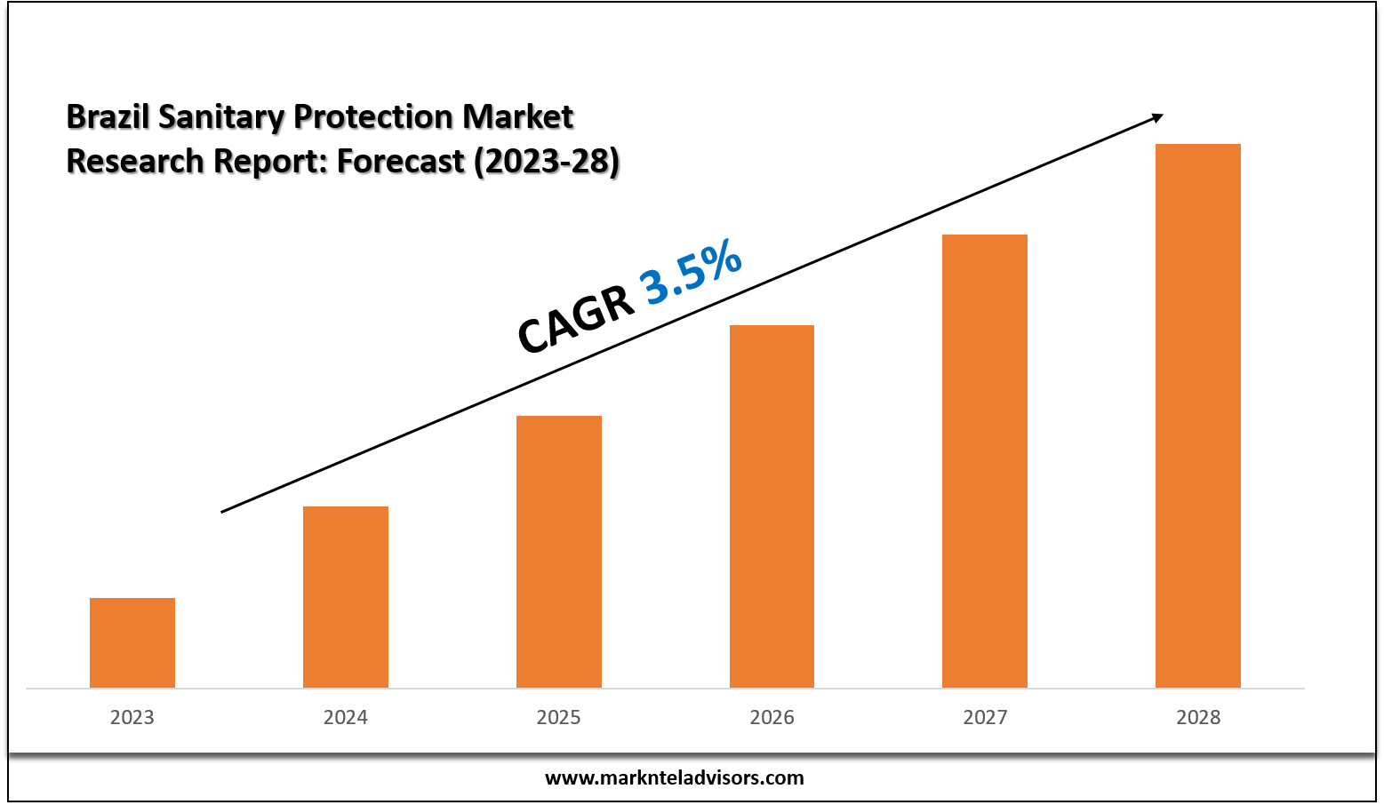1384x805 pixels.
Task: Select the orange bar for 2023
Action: [x=132, y=642]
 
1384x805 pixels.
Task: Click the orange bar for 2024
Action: [x=346, y=597]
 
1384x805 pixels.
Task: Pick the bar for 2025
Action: [x=559, y=552]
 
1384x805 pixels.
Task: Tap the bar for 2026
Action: [x=772, y=506]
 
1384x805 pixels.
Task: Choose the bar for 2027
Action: [x=985, y=461]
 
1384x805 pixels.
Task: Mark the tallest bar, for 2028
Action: [x=1198, y=416]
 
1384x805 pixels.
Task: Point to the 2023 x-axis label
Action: [x=132, y=717]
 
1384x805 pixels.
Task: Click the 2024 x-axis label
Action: [x=346, y=717]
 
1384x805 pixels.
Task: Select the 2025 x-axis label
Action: [x=559, y=717]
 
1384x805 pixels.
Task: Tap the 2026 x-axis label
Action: [x=772, y=717]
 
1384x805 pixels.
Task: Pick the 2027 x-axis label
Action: [x=985, y=717]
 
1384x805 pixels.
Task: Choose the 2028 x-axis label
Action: [x=1198, y=717]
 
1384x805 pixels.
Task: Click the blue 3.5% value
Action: [x=691, y=272]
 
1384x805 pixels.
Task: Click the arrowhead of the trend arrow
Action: [x=1156, y=117]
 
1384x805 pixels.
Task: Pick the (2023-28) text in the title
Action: [x=546, y=161]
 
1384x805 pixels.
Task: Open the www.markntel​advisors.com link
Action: [x=674, y=778]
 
